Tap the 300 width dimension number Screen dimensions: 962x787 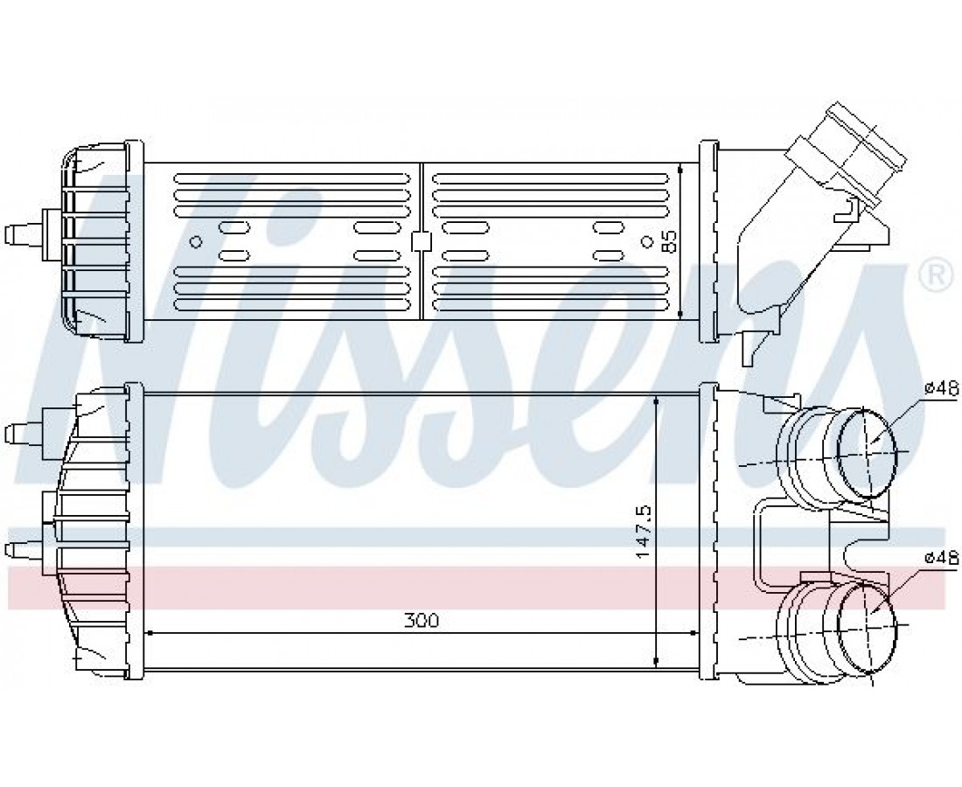tap(422, 620)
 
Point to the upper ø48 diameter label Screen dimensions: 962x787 tap(940, 387)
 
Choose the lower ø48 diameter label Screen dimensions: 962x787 tap(940, 557)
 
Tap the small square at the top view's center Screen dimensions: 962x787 tap(422, 241)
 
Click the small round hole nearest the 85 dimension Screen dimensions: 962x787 tap(645, 241)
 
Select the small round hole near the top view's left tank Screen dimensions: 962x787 tap(196, 241)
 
